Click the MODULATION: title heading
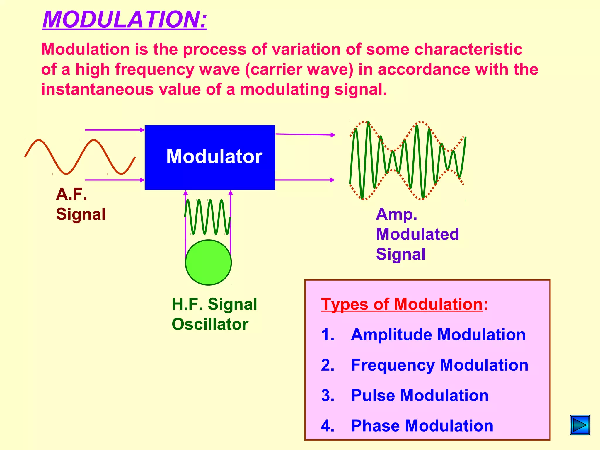pos(125,20)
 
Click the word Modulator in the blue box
pos(214,156)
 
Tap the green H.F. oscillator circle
pos(208,262)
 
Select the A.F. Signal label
pos(80,204)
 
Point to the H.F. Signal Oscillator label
pos(214,314)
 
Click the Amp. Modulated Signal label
pos(417,234)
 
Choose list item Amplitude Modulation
pos(438,335)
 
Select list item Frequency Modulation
pos(439,365)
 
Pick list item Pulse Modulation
pos(420,396)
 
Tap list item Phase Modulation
pos(422,426)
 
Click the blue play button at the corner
pos(580,425)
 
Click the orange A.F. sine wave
pos(79,157)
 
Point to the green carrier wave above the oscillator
pos(207,217)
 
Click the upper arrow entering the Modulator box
pos(115,130)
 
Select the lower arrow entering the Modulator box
pos(115,180)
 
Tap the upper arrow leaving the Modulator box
pos(305,134)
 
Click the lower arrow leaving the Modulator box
pos(305,180)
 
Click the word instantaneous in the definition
pos(97,89)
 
